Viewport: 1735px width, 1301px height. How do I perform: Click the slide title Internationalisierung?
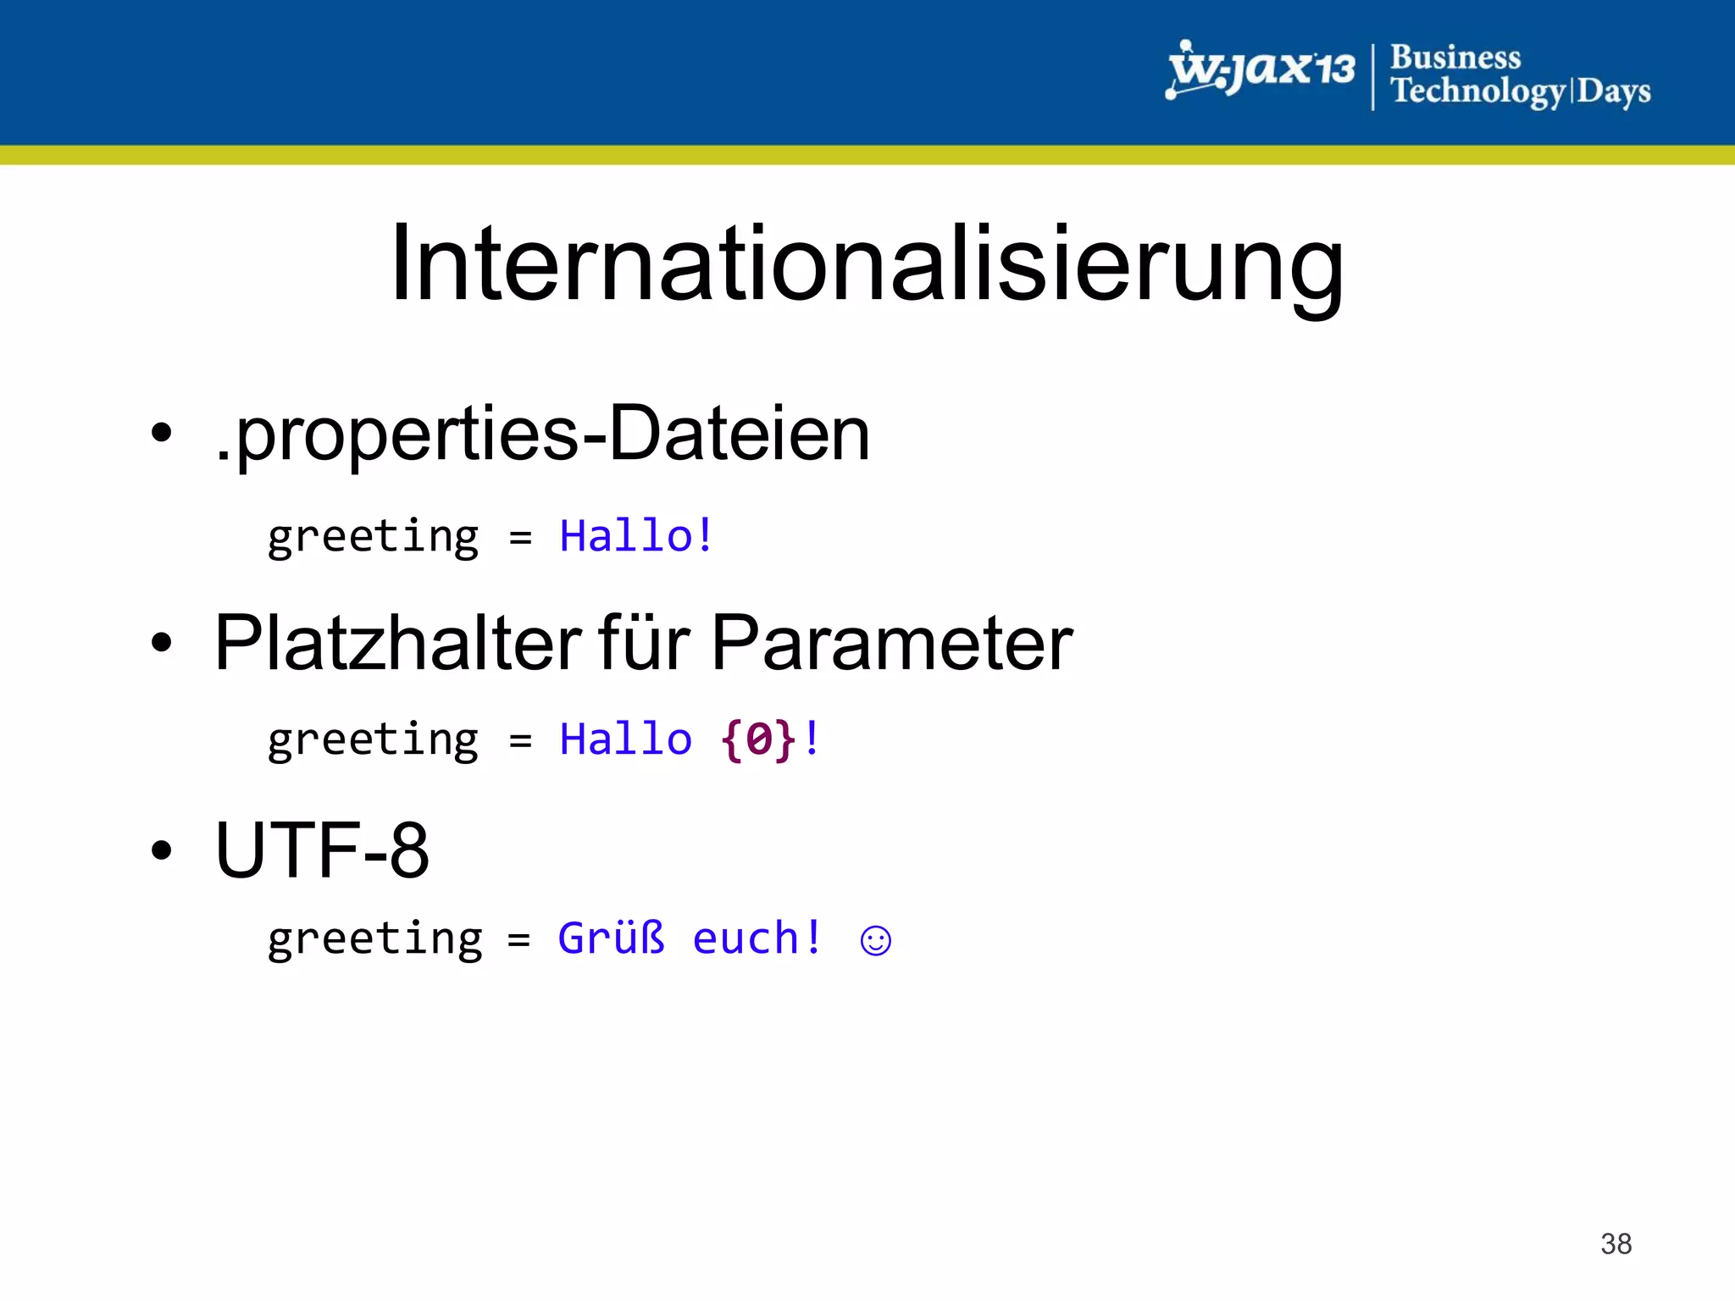point(866,264)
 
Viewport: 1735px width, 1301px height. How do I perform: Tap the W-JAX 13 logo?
point(1261,70)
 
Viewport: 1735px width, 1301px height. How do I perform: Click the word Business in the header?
point(1455,58)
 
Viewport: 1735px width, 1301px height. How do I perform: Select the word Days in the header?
point(1613,91)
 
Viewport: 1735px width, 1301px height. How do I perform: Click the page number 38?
point(1616,1243)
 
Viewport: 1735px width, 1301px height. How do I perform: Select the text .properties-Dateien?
point(542,434)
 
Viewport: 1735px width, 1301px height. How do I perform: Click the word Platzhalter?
point(398,643)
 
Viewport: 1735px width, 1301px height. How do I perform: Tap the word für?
point(644,643)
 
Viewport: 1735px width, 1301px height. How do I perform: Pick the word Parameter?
point(892,643)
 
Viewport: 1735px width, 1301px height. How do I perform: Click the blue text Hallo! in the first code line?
point(636,536)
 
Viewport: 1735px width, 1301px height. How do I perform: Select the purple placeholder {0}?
point(758,739)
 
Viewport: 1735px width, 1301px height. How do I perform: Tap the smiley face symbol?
point(875,941)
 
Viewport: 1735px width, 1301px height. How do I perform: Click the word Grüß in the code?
point(611,938)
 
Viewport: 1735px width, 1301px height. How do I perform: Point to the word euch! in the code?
point(757,938)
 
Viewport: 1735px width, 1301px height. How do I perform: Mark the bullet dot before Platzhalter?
point(161,643)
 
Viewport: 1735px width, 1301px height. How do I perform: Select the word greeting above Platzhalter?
point(373,537)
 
